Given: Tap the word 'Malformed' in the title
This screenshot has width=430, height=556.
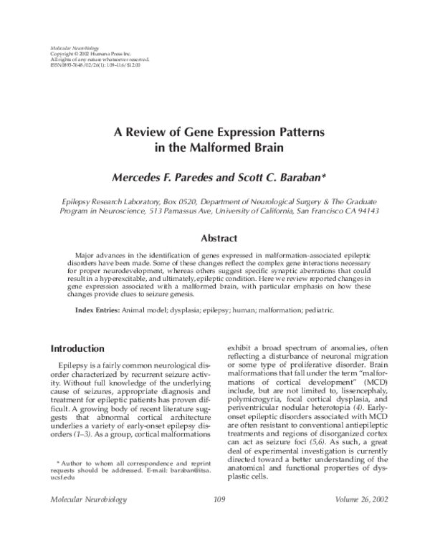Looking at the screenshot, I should (234, 148).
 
